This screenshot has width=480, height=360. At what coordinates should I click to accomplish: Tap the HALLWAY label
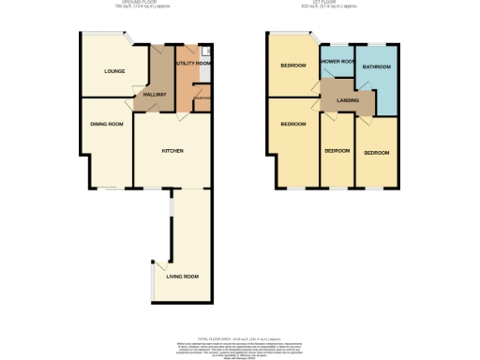pyautogui.click(x=154, y=96)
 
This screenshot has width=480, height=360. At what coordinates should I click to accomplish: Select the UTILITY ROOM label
pyautogui.click(x=191, y=63)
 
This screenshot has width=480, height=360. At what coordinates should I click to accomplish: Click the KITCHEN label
pyautogui.click(x=172, y=151)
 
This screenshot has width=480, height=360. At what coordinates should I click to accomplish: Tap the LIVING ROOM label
pyautogui.click(x=183, y=277)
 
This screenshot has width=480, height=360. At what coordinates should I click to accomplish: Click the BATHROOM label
pyautogui.click(x=377, y=67)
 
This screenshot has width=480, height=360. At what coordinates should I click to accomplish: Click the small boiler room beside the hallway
pyautogui.click(x=202, y=97)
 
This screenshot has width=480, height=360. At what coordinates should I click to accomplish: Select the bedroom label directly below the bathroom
pyautogui.click(x=377, y=153)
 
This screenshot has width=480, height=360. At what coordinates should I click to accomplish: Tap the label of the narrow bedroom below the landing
pyautogui.click(x=337, y=151)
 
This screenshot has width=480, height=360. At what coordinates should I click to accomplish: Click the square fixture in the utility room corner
pyautogui.click(x=205, y=48)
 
